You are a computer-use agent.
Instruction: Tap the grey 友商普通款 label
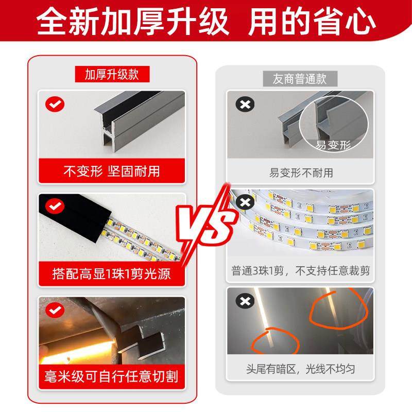click(300, 79)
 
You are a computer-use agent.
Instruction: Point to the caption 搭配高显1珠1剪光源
click(112, 273)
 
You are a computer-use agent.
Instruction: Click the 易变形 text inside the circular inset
click(333, 145)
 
